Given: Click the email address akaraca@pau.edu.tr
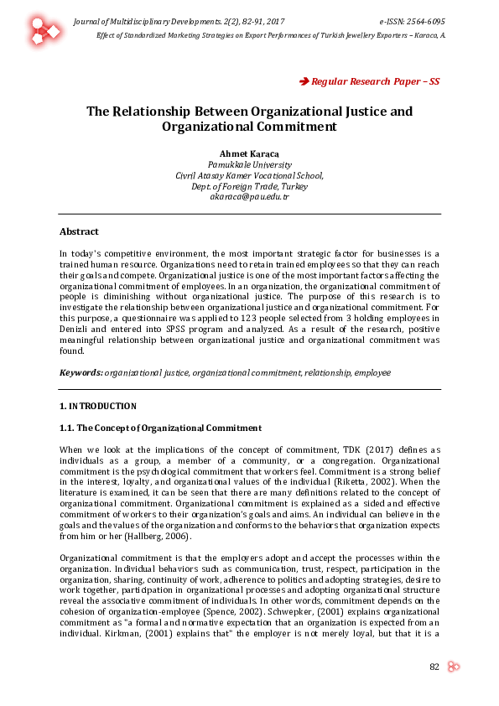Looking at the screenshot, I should pos(249,195).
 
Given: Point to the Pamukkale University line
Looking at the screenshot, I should pos(249,165).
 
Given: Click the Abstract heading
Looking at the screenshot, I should pos(79,231).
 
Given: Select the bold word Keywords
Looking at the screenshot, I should pos(81,371).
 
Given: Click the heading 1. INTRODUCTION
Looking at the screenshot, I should pos(97,407).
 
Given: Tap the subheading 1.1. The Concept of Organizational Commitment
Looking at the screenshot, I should pos(160,428).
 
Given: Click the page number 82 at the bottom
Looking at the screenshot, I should pos(434,667).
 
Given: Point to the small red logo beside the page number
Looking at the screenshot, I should pos(454,667).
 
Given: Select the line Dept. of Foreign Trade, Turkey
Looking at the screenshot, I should pos(249,185).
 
